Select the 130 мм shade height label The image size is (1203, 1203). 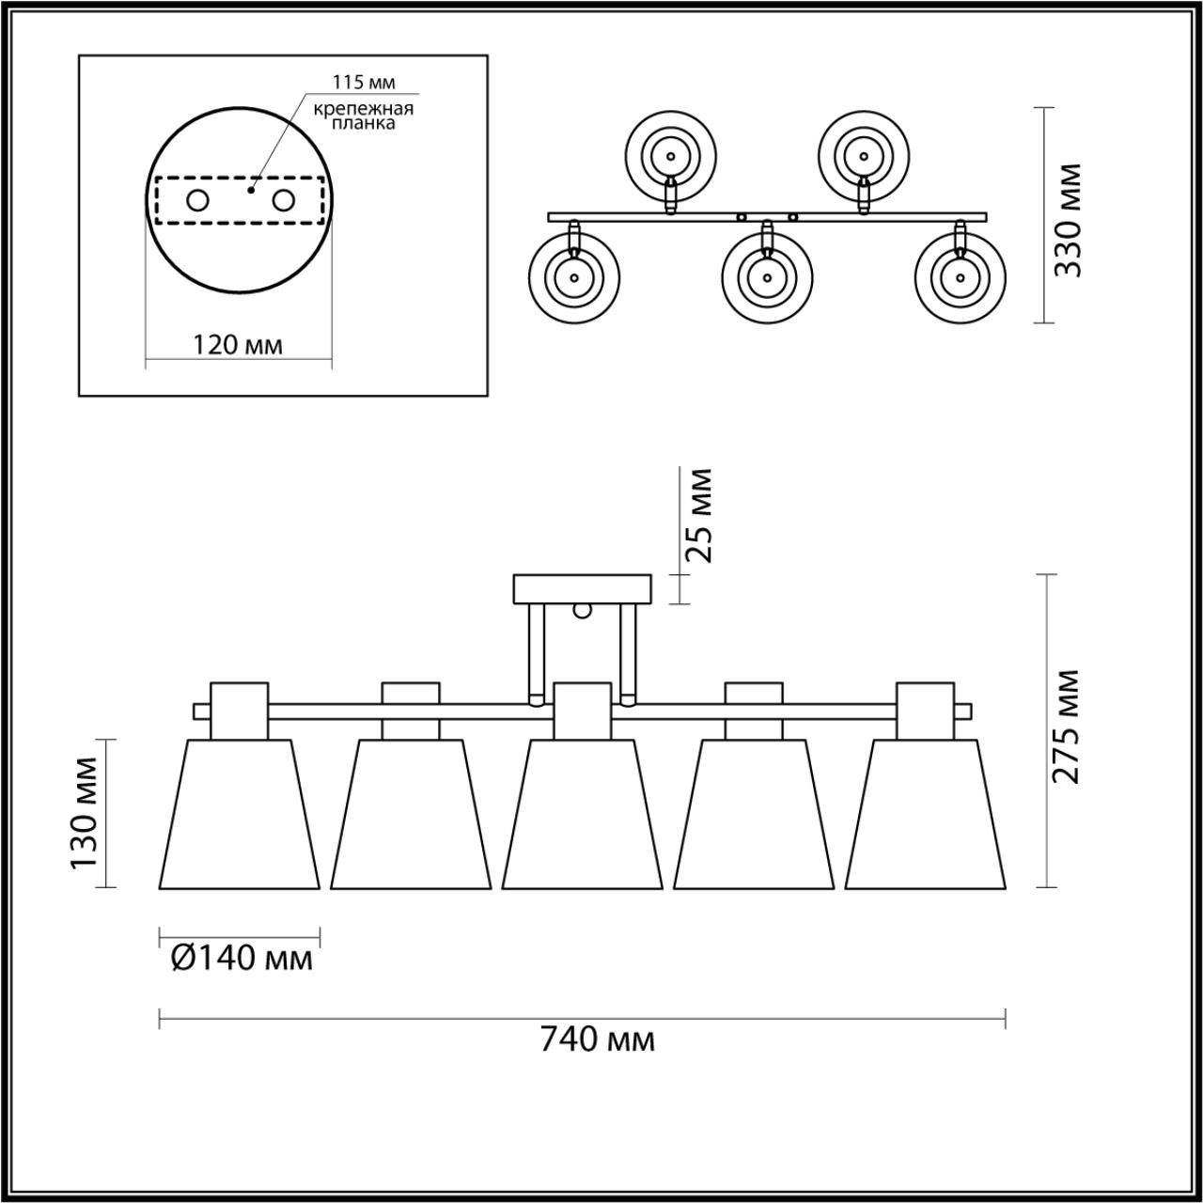pos(84,814)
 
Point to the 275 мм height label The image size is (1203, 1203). pos(1066,726)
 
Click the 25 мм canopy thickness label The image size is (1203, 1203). pos(697,516)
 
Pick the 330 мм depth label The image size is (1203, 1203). pos(1067,220)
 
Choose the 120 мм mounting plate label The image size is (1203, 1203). pos(237,344)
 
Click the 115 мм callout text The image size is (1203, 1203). pos(364,83)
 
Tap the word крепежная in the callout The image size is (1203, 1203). pos(364,110)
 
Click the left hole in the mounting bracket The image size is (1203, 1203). pos(198,201)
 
